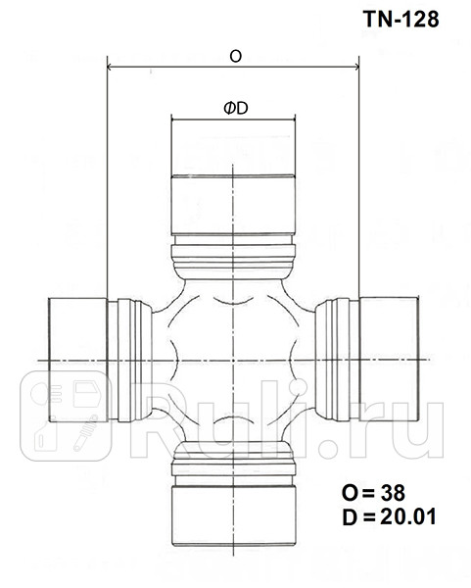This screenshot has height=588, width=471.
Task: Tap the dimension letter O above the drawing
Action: [235, 57]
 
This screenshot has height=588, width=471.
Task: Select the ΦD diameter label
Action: [234, 108]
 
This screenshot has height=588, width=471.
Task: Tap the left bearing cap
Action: [78, 361]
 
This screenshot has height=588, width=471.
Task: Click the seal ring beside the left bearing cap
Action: [130, 361]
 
